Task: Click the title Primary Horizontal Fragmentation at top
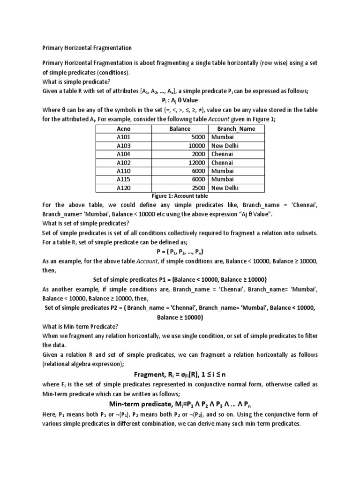click(x=87, y=48)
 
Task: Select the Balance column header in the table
click(x=180, y=129)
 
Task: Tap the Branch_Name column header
click(x=236, y=129)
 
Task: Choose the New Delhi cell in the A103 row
click(x=225, y=146)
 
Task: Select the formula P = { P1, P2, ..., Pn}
click(x=180, y=251)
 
